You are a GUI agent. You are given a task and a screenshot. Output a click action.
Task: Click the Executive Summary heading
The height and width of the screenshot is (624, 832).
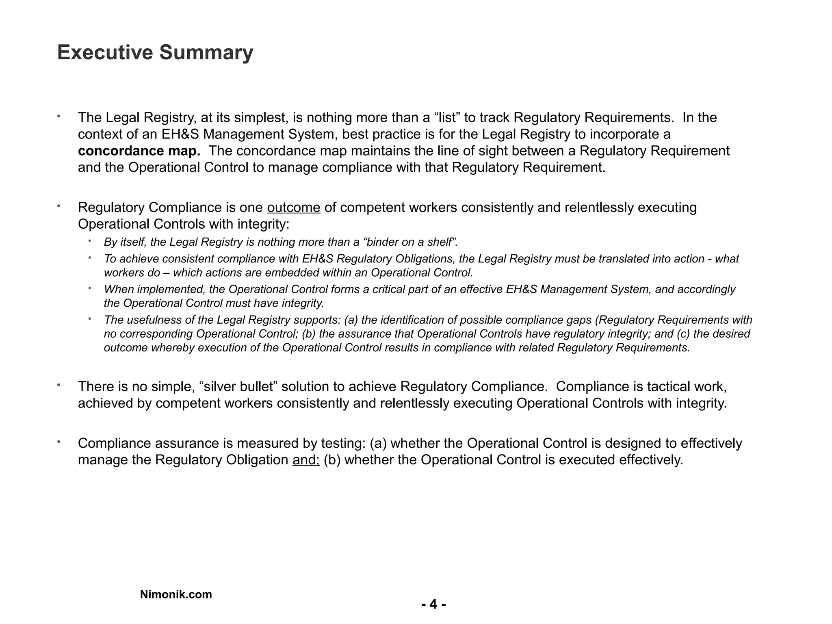click(155, 53)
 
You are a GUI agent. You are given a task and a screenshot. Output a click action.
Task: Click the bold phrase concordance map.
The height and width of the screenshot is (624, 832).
click(139, 151)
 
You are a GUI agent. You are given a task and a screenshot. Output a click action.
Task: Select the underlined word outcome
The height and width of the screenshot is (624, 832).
click(293, 208)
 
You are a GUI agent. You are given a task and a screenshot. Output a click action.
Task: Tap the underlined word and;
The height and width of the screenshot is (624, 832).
click(306, 460)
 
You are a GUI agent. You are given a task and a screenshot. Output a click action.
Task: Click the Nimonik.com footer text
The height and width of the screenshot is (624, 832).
click(176, 594)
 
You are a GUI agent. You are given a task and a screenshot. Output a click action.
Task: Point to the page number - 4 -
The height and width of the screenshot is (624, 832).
click(433, 604)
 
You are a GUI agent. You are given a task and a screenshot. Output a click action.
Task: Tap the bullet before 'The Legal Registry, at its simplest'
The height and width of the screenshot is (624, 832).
click(59, 116)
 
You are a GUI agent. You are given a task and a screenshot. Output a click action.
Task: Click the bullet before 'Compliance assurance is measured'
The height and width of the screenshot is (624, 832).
click(59, 442)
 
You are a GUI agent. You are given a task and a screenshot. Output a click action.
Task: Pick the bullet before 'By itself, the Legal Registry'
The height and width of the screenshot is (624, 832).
click(89, 241)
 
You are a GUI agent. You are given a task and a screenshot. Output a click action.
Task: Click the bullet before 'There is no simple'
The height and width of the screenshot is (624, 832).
click(59, 385)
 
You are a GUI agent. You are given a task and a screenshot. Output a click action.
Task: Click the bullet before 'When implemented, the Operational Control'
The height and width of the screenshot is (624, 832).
click(89, 288)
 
